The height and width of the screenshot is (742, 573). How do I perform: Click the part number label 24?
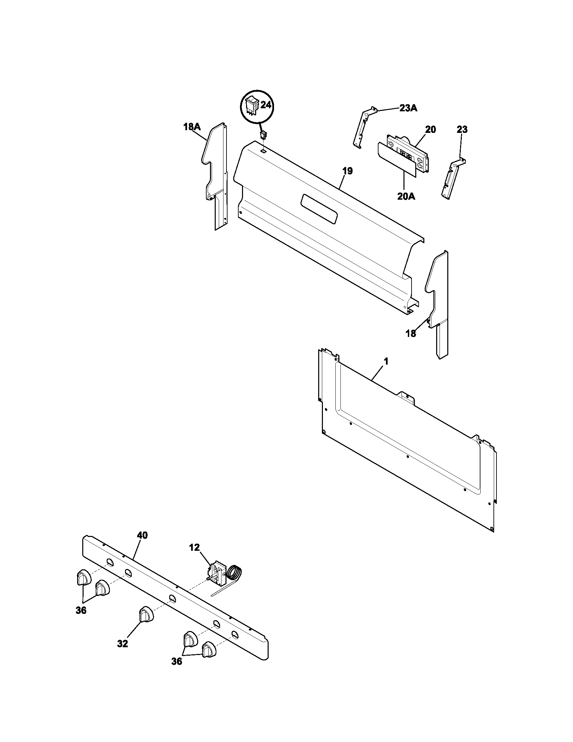pyautogui.click(x=266, y=105)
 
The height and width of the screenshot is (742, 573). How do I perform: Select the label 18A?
pyautogui.click(x=192, y=127)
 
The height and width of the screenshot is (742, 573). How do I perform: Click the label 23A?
pyautogui.click(x=409, y=108)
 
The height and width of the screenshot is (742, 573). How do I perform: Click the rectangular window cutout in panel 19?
pyautogui.click(x=319, y=209)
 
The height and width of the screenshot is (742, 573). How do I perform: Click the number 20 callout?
pyautogui.click(x=430, y=130)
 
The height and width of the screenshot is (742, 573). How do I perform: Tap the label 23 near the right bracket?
pyautogui.click(x=462, y=130)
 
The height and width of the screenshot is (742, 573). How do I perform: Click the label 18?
pyautogui.click(x=411, y=334)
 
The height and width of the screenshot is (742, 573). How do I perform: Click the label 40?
pyautogui.click(x=142, y=536)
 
